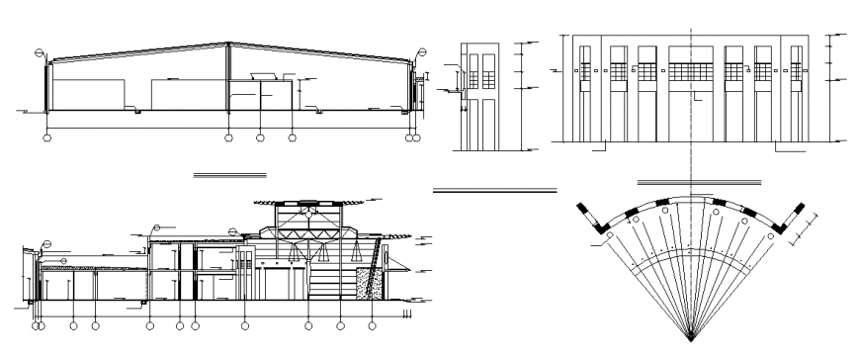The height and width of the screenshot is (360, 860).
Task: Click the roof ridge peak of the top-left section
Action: (228, 44)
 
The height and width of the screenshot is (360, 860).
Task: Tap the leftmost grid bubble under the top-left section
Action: (46, 138)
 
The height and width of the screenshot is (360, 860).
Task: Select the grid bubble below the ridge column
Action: (228, 138)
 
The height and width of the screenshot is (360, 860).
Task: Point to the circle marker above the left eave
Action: (40, 52)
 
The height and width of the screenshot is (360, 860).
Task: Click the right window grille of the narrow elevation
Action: (486, 71)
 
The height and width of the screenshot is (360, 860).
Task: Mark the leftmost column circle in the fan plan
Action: (610, 238)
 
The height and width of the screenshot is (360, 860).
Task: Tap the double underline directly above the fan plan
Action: (700, 183)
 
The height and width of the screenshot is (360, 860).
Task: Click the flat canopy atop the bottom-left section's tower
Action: (308, 201)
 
